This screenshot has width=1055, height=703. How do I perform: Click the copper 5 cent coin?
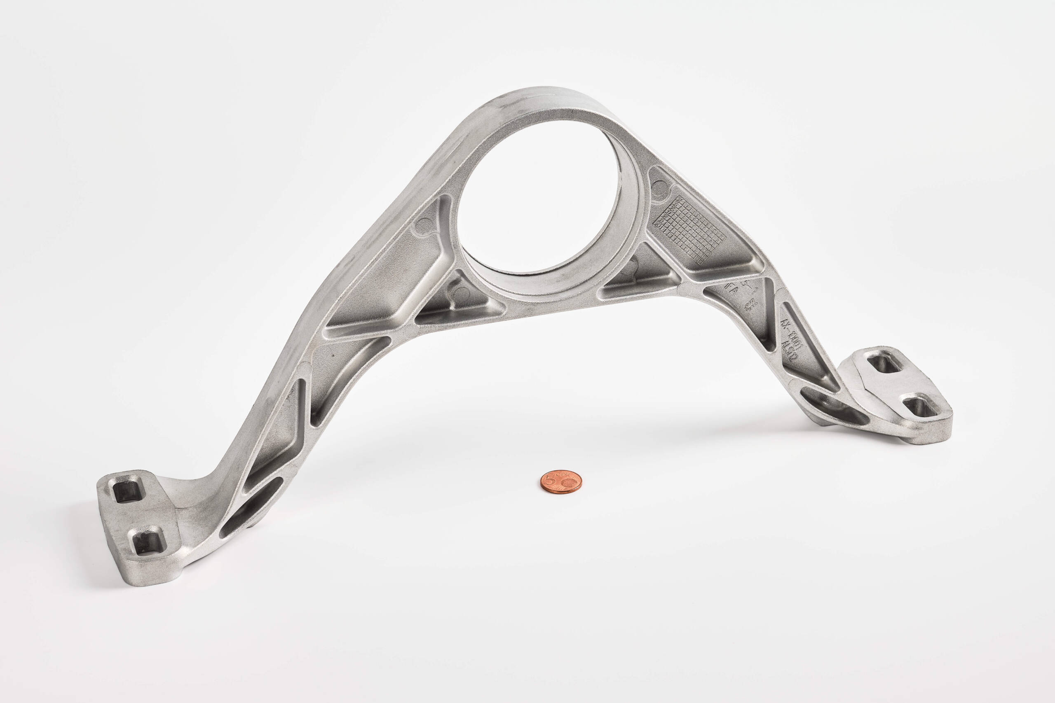[561, 481]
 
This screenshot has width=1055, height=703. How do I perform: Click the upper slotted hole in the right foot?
[884, 362]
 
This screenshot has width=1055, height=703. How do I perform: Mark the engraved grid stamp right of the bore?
[691, 229]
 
